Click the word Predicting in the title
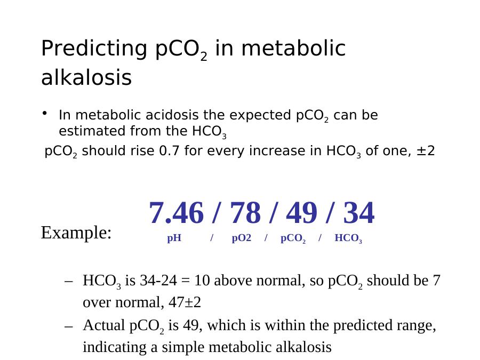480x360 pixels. pos(94,49)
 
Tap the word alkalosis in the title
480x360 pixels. pos(86,77)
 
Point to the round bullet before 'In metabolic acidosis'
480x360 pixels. pos(45,113)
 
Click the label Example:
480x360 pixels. pos(76,233)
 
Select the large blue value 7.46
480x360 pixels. pos(176,213)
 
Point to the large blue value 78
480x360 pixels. pos(245,213)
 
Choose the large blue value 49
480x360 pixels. pos(301,213)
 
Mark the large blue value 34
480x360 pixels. pos(359,213)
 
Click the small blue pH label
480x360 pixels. pos(174,238)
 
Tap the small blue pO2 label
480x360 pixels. pos(242,238)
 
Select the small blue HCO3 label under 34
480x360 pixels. pos(348,238)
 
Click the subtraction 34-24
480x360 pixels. pos(158,281)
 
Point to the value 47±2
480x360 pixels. pos(185,302)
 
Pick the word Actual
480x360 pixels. pos(104,325)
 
